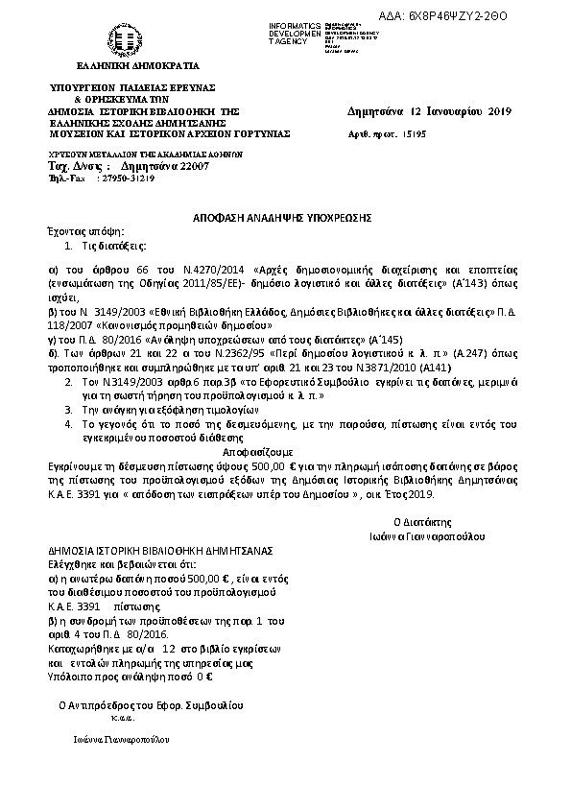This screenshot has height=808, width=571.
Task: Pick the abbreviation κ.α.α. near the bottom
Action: click(121, 718)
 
